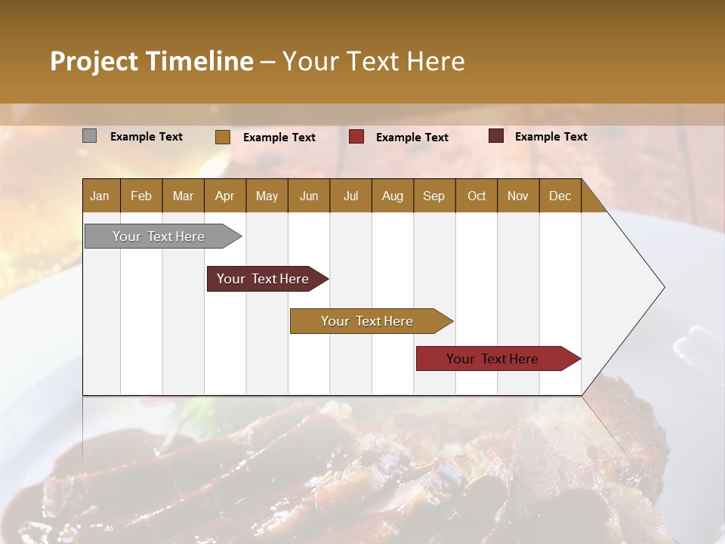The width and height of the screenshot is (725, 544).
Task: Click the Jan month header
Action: (100, 196)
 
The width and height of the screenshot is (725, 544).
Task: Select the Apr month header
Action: (224, 196)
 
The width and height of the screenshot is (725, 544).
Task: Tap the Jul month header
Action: (350, 196)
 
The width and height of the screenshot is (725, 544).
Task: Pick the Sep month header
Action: (433, 196)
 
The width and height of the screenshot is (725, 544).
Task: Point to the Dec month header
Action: (560, 196)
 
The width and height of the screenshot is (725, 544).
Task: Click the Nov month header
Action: (517, 196)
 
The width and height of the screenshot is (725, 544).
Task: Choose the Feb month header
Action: (141, 196)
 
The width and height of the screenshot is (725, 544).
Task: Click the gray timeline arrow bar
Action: (159, 236)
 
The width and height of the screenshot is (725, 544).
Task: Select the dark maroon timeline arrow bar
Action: (263, 279)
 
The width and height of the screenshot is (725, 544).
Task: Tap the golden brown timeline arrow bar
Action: (367, 321)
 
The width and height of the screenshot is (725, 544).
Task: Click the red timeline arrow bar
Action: (492, 359)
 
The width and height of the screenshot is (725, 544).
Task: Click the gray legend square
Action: (89, 136)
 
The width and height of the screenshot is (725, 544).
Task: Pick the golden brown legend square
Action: (223, 137)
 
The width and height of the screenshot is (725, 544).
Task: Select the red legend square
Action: (356, 136)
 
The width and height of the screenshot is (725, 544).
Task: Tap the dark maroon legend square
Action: (496, 136)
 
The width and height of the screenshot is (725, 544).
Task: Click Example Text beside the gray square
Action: (147, 137)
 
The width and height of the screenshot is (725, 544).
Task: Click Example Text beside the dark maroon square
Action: (551, 137)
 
